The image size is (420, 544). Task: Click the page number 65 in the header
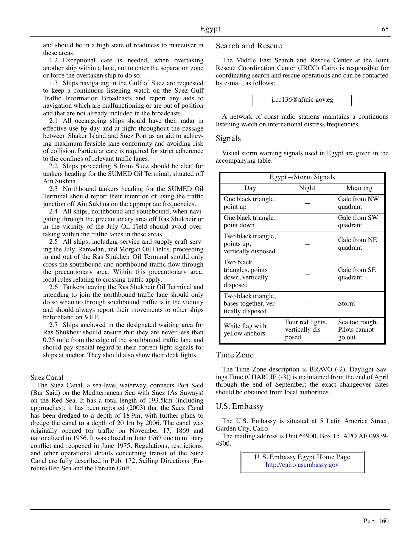coord(385,29)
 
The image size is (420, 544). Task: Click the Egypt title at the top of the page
coord(210,29)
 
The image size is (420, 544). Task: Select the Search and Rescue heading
coord(249,46)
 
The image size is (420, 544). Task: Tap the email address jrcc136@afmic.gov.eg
coord(302,100)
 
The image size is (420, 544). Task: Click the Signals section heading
coord(228,138)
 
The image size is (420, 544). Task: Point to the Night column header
coord(307,188)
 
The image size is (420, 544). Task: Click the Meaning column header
coord(359,188)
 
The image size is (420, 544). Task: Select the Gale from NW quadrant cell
coord(358,203)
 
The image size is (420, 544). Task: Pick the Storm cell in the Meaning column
coord(346,304)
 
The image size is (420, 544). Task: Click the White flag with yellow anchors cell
coord(245,330)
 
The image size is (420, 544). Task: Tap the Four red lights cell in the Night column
coord(306,330)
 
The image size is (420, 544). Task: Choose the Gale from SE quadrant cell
coord(357,274)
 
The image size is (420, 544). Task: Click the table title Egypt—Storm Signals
coord(302,177)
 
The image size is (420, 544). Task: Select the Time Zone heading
coord(234,355)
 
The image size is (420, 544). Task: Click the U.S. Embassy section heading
coord(239,406)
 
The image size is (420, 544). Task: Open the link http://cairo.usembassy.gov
coord(302,465)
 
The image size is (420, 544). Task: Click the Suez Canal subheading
coord(47,378)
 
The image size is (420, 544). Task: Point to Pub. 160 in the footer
coord(376,521)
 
